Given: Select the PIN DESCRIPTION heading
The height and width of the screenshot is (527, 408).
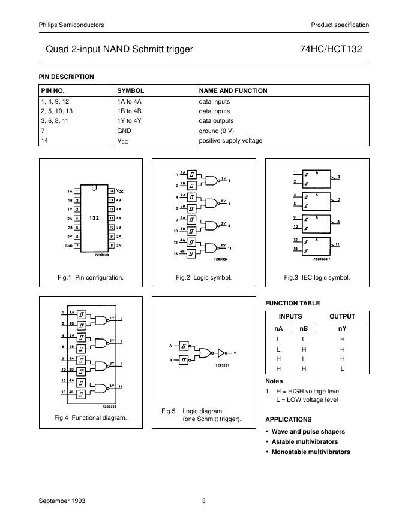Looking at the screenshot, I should point(66,77).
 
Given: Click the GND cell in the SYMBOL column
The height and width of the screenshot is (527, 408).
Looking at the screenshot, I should point(124,131).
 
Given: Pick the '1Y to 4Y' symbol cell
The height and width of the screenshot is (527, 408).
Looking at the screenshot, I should point(129,121).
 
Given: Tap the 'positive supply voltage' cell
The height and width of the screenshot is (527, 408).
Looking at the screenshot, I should point(230,141).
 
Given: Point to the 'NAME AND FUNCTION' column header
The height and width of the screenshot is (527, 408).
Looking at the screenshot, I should point(233,90).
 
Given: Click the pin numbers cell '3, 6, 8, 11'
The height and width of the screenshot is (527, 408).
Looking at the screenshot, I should point(56,121).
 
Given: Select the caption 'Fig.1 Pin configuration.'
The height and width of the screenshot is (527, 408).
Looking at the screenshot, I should point(91,278).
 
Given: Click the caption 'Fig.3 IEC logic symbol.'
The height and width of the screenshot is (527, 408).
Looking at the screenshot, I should point(317,278).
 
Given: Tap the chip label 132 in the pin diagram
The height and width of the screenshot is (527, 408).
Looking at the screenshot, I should point(94,218).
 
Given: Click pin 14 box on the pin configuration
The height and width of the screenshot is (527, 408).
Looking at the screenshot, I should point(111,191).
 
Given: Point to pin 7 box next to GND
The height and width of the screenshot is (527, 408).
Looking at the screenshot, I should point(77,246).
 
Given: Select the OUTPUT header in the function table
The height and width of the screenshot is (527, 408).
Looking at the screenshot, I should point(343,316).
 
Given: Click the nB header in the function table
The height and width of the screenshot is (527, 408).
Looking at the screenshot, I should point(304,328).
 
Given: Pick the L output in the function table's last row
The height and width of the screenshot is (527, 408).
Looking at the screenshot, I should point(343,369).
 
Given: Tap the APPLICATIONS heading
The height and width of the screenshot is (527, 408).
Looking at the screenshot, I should point(288,419).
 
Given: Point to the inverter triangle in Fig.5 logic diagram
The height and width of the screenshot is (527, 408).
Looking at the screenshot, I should point(221,352).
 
